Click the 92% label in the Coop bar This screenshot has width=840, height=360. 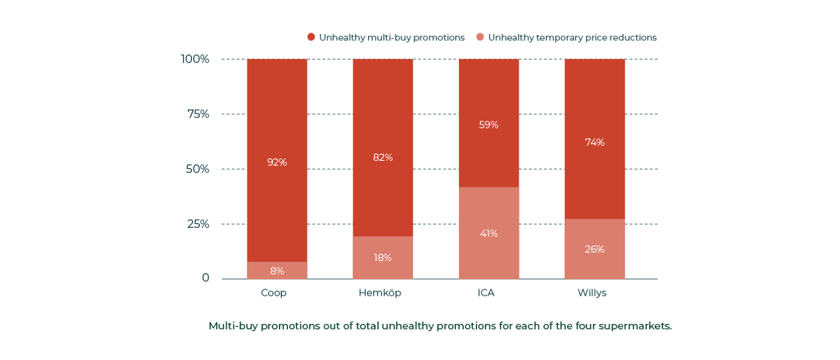pyautogui.click(x=277, y=162)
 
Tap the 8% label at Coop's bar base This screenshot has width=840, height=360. pyautogui.click(x=277, y=271)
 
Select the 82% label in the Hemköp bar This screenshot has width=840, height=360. pyautogui.click(x=383, y=157)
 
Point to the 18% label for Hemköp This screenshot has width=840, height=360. pyautogui.click(x=383, y=257)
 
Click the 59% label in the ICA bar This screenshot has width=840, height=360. pyautogui.click(x=488, y=125)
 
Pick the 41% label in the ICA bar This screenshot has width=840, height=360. pyautogui.click(x=488, y=233)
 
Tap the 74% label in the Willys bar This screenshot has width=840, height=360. pyautogui.click(x=595, y=142)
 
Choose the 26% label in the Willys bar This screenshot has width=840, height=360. pyautogui.click(x=595, y=249)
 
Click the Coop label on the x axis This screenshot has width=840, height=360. pyautogui.click(x=274, y=293)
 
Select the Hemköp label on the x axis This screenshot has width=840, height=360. pyautogui.click(x=380, y=293)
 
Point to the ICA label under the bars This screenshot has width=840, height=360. pyautogui.click(x=486, y=293)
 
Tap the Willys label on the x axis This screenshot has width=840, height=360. pyautogui.click(x=592, y=293)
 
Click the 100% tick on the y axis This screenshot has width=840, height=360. pyautogui.click(x=195, y=59)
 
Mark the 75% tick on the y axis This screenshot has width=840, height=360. pyautogui.click(x=198, y=114)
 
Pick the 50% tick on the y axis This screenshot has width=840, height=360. pyautogui.click(x=197, y=169)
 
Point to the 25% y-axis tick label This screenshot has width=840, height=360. pyautogui.click(x=198, y=224)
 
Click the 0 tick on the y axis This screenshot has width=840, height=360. pyautogui.click(x=205, y=278)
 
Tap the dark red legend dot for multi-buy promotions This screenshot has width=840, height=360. pyautogui.click(x=311, y=37)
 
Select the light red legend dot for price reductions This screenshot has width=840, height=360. pyautogui.click(x=480, y=37)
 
